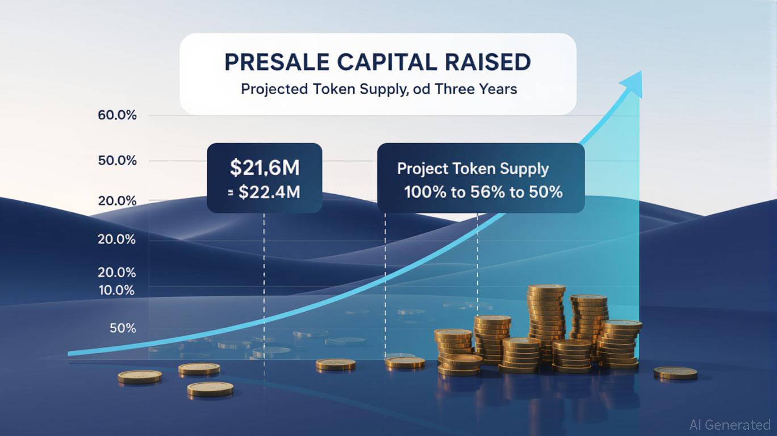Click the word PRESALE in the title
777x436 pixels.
click(277, 62)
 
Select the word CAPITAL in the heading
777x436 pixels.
click(387, 62)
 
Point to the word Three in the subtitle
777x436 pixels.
click(455, 89)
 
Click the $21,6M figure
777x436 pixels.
click(265, 167)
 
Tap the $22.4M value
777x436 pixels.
click(269, 192)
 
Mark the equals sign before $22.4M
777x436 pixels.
click(231, 193)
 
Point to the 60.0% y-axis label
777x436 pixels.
click(117, 115)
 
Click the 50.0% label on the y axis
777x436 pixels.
click(117, 161)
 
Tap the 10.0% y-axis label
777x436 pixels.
click(116, 291)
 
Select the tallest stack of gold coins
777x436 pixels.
click(546, 322)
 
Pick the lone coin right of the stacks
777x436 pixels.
click(675, 373)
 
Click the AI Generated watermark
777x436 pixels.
click(730, 425)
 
